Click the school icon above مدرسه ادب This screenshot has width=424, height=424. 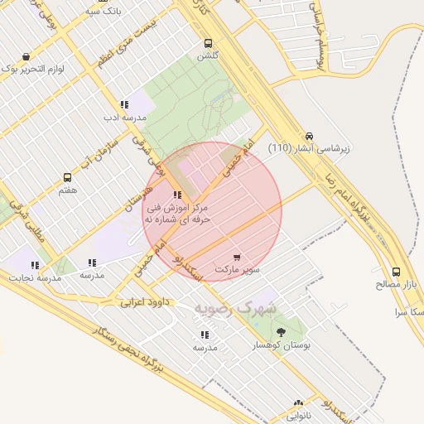123,105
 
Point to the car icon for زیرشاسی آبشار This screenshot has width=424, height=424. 309,135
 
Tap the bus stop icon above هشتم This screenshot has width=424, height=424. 67,177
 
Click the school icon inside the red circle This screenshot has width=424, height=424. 177,195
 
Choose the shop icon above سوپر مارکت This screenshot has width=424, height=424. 238,258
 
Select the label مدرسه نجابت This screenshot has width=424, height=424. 36,278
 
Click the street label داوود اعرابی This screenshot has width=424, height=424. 145,302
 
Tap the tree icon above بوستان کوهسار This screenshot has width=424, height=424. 279,332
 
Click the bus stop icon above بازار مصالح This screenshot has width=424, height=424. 396,272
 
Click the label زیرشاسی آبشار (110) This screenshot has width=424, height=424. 309,148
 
